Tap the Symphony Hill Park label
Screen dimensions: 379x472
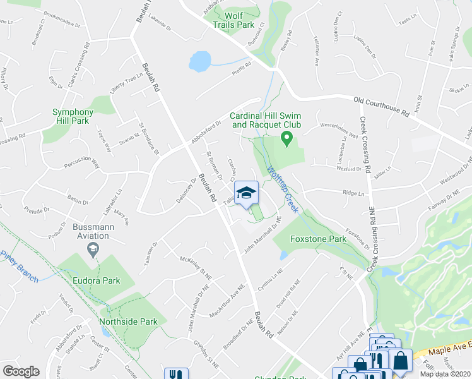(x=73, y=116)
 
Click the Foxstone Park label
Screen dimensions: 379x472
(x=318, y=239)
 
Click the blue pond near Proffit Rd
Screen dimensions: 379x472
(x=200, y=61)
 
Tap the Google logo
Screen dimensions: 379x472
(x=21, y=371)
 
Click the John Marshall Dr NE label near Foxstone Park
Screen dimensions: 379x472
(x=262, y=235)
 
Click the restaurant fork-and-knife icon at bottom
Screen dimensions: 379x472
(x=173, y=374)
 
